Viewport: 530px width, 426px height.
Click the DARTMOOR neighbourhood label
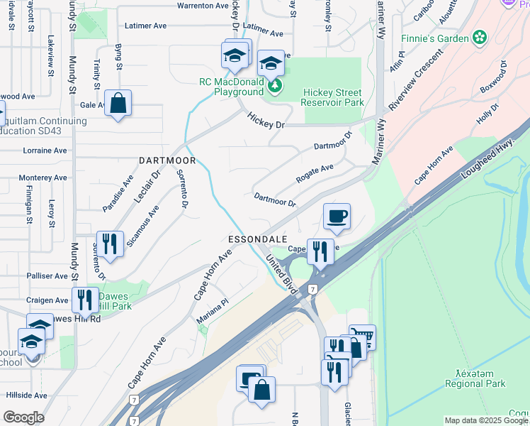167,161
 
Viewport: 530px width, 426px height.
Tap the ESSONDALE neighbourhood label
257,239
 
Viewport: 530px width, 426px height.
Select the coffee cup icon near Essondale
337,216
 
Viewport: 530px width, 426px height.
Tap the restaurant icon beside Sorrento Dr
110,244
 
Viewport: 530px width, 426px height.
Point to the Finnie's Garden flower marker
480,37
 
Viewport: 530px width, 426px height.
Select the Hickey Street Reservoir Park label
332,98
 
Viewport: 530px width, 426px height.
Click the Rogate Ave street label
315,173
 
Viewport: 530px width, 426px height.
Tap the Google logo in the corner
23,417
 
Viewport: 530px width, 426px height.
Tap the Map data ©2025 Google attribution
486,420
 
